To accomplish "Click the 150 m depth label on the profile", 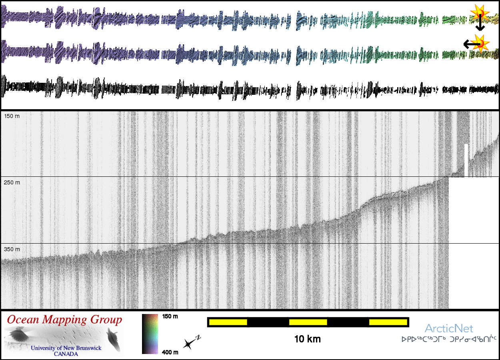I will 12,116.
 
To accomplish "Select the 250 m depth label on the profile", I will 12,182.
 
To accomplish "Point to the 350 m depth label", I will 12,249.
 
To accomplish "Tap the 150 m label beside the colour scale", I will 170,316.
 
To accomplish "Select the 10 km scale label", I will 307,340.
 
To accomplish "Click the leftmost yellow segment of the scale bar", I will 228,322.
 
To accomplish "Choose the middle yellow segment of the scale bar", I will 308,322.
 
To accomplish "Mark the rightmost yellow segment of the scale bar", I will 388,322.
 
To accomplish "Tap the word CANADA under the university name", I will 66,354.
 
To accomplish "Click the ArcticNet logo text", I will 449,329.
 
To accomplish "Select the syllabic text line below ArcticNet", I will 449,340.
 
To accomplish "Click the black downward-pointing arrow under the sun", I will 480,25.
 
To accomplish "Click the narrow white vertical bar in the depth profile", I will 466,160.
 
